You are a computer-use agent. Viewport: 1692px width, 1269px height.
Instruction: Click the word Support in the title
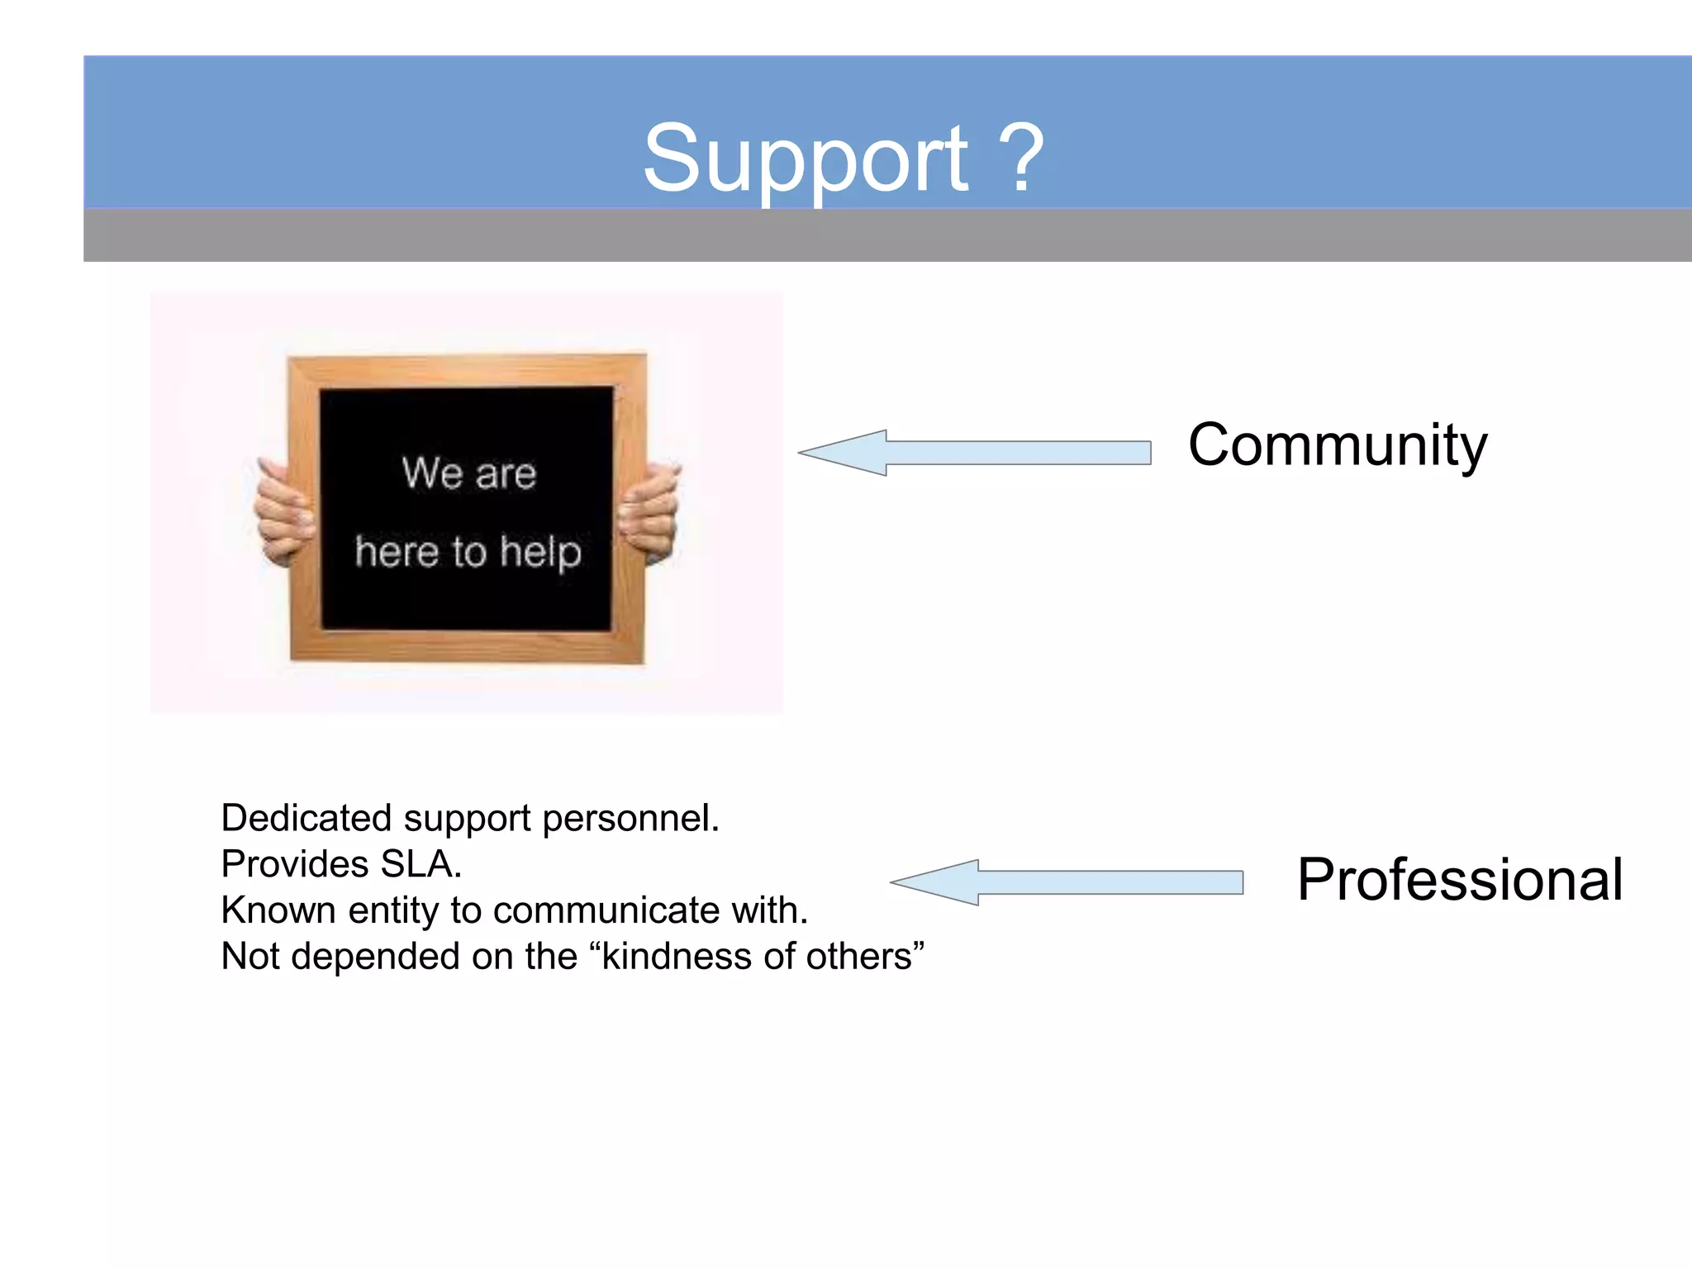[806, 159]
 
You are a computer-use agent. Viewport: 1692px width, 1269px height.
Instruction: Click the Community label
[1338, 446]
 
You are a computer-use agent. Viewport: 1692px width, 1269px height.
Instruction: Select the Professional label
[1459, 880]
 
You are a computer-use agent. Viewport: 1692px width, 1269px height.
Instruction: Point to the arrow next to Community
[975, 453]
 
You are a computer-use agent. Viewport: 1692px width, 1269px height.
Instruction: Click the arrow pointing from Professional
[1067, 882]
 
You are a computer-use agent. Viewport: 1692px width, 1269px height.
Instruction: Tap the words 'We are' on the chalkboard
[468, 473]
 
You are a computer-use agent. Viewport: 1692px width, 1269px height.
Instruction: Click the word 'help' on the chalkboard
[540, 553]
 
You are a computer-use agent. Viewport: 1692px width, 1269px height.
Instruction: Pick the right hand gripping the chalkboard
[650, 512]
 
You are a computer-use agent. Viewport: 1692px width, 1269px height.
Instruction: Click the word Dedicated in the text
[307, 819]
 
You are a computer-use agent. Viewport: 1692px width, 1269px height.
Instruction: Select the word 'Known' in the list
[278, 911]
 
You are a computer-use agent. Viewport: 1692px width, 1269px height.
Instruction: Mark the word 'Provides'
[294, 865]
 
